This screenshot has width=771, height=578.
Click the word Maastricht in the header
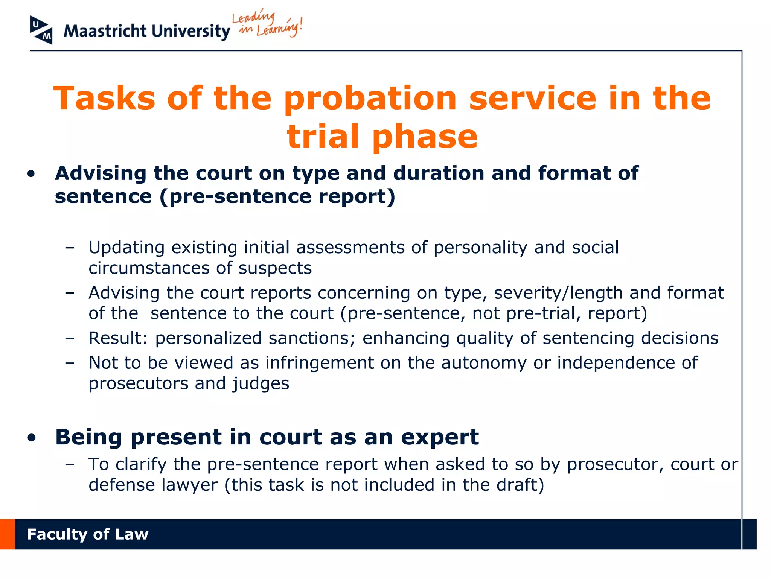(105, 31)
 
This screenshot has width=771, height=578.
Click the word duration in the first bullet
(439, 173)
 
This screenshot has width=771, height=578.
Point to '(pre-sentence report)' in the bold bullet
(277, 196)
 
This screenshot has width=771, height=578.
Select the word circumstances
(149, 268)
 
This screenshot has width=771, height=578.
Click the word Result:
(118, 338)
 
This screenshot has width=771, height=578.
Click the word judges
(261, 384)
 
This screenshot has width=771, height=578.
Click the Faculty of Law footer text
(88, 534)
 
